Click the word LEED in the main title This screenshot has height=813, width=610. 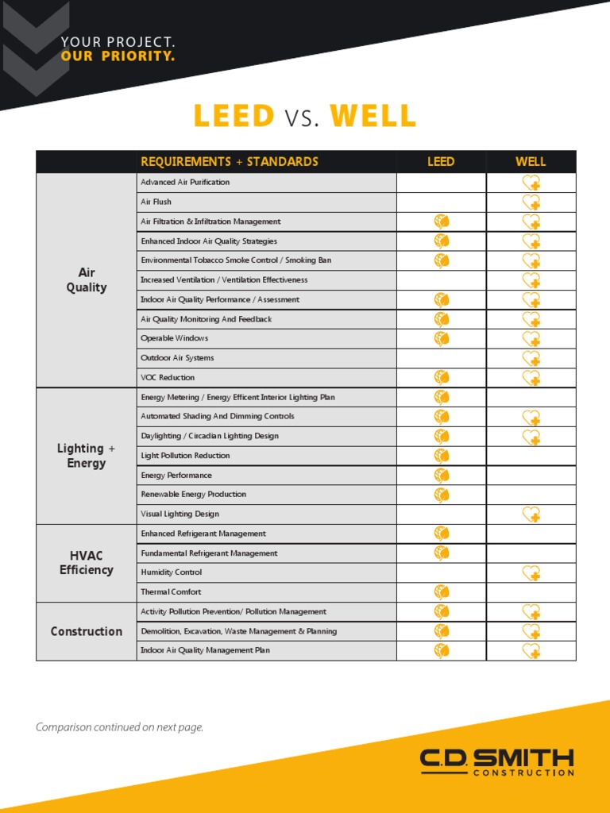tap(234, 117)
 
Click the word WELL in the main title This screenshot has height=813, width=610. tap(373, 117)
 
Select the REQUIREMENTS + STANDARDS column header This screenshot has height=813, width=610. tap(229, 162)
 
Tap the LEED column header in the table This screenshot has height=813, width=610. tap(441, 162)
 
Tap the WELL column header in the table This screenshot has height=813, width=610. tap(531, 162)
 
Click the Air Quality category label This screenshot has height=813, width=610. tap(86, 280)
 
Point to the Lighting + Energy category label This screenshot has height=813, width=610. tap(86, 456)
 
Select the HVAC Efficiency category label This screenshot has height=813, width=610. tap(86, 563)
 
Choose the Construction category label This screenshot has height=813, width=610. tap(86, 631)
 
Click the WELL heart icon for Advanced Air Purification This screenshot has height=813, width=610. tap(531, 183)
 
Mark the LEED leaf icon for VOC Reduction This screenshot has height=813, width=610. tap(442, 377)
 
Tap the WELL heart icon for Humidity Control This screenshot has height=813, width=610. tap(531, 573)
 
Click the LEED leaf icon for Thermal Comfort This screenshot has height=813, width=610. tap(442, 591)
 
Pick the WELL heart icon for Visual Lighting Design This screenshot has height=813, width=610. tap(531, 514)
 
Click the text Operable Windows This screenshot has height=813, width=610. tap(174, 338)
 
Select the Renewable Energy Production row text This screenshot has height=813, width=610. tap(193, 495)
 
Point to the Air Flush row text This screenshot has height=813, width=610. tap(156, 202)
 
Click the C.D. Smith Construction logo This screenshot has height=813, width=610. tap(496, 762)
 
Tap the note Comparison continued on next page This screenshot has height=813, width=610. tap(119, 727)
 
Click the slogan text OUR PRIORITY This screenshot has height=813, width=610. tap(118, 56)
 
